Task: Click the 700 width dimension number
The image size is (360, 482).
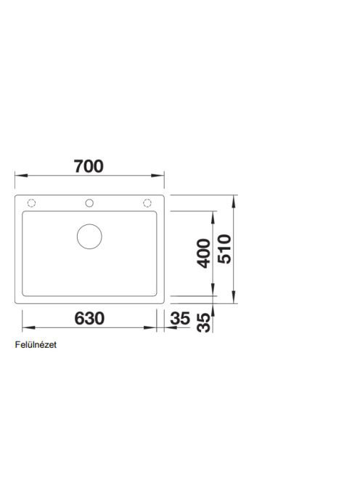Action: [89, 166]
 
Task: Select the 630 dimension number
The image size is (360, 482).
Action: [89, 318]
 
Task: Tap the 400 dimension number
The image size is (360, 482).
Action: [203, 253]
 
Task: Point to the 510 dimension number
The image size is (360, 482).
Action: [224, 249]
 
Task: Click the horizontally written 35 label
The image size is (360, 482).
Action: [180, 319]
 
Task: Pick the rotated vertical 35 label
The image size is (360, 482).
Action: [205, 323]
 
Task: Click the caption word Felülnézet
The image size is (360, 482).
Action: [36, 345]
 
